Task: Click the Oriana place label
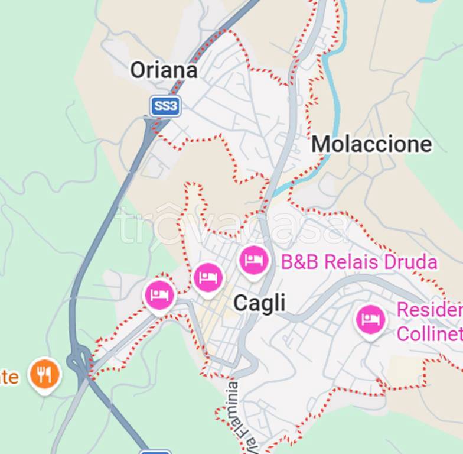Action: tap(164, 70)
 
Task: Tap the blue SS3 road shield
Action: tap(165, 106)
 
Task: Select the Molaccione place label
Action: tap(371, 144)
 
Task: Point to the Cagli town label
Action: tap(259, 303)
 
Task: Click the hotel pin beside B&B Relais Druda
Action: tap(254, 260)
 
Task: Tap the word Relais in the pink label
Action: tap(351, 262)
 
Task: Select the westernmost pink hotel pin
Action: tap(159, 294)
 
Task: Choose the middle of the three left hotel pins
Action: tap(208, 277)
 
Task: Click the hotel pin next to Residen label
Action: tap(370, 319)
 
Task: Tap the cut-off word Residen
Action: tap(429, 310)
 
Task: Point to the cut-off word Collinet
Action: tap(429, 333)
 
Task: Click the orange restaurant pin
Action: tap(44, 374)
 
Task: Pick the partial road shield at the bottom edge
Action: tap(155, 452)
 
